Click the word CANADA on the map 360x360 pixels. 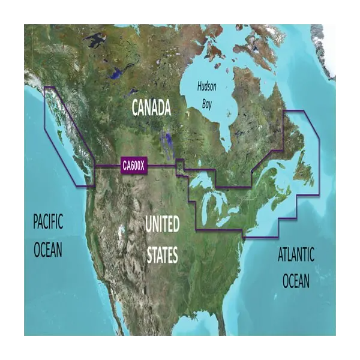[x=151, y=108]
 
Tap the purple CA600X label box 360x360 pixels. [x=133, y=166]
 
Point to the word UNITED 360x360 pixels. [x=162, y=226]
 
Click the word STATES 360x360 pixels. [x=162, y=256]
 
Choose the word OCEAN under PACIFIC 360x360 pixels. [x=47, y=248]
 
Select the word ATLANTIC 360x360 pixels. [x=296, y=254]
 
